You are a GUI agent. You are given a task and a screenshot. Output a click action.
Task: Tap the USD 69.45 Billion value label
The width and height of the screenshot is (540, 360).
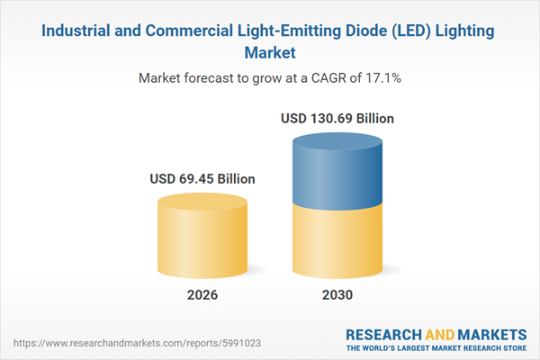[202, 179]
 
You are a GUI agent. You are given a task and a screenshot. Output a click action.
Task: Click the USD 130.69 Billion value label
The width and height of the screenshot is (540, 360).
[337, 118]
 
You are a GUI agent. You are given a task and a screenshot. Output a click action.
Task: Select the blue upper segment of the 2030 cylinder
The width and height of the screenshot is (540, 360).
[337, 175]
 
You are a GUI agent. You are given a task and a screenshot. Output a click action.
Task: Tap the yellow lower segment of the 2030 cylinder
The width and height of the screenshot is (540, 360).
[337, 238]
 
